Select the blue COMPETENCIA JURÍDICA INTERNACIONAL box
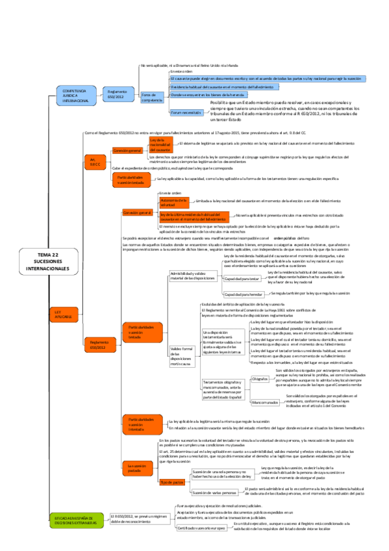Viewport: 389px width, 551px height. coord(76,96)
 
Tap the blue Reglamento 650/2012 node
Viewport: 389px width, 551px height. coord(117,96)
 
